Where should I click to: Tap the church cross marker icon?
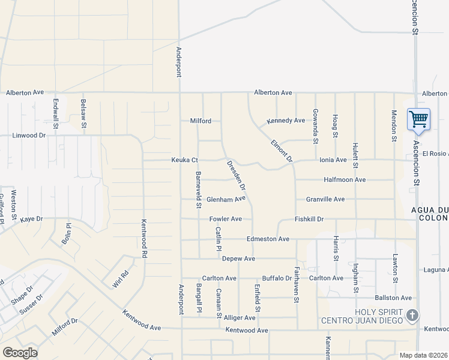click(412, 314)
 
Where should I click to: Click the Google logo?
click(20, 353)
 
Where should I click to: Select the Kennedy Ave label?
click(286, 121)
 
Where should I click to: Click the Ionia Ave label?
click(333, 160)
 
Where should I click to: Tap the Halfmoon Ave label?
click(345, 179)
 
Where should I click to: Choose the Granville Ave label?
click(325, 199)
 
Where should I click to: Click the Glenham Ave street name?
click(226, 199)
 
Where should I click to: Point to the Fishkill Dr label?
click(309, 219)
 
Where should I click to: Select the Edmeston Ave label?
click(268, 239)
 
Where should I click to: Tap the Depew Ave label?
click(238, 259)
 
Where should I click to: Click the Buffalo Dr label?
click(277, 278)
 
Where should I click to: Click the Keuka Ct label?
click(185, 160)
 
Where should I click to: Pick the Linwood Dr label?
click(29, 136)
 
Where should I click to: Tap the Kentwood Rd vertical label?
click(144, 237)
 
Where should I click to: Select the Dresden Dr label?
click(237, 175)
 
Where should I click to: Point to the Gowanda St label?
click(315, 126)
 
